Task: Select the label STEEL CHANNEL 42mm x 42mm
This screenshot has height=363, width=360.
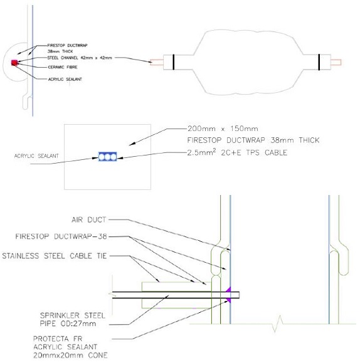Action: click(x=78, y=58)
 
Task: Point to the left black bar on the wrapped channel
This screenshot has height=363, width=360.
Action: click(x=174, y=62)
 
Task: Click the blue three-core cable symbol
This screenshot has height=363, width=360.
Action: click(x=107, y=155)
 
